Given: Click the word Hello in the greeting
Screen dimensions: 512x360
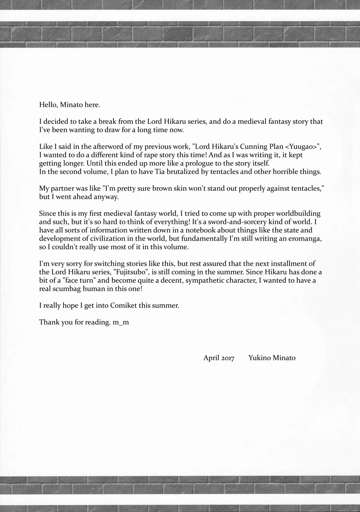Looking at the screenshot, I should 48,105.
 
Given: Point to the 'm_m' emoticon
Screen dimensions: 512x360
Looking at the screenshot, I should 121,322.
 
